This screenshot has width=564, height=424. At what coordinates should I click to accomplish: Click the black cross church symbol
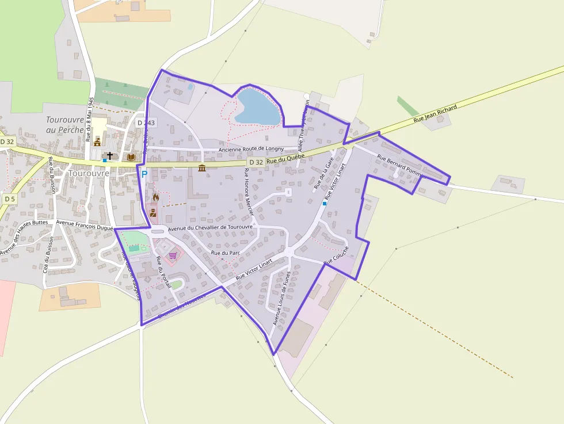[x=110, y=156]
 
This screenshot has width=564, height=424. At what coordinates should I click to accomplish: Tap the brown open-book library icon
[x=131, y=157]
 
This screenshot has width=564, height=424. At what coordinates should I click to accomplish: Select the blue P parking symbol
[x=144, y=174]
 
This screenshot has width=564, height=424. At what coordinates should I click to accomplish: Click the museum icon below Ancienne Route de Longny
[x=202, y=167]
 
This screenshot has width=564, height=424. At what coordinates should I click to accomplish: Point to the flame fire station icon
[x=155, y=197]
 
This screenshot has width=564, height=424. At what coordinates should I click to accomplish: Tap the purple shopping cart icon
[x=172, y=255]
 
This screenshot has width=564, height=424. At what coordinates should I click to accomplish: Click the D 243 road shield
[x=146, y=123]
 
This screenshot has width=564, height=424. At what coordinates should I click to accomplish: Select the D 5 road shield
[x=9, y=198]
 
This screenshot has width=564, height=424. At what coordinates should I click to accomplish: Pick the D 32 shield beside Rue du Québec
[x=257, y=162]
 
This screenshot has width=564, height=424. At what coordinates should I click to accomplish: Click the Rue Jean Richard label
[x=436, y=114]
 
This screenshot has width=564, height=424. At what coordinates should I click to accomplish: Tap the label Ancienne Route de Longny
[x=251, y=150]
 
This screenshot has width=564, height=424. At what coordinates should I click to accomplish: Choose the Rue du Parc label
[x=226, y=253]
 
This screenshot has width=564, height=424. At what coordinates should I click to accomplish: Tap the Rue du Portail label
[x=164, y=275]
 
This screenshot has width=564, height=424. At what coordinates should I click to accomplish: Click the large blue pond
[x=257, y=108]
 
